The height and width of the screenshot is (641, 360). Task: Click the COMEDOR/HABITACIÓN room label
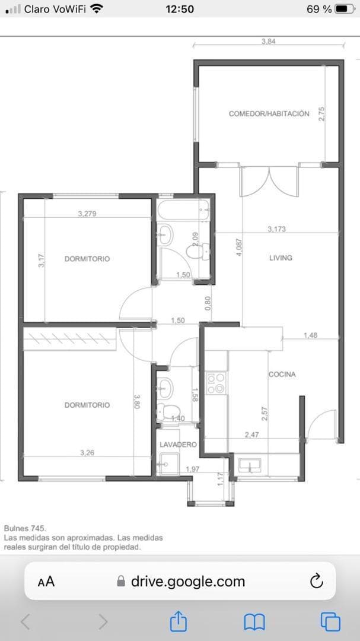click(269, 113)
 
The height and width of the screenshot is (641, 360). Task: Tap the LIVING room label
click(281, 258)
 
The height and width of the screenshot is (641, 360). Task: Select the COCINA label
click(282, 375)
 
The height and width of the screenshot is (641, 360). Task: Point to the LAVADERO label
click(177, 444)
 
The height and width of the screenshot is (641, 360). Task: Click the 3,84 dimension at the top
click(269, 42)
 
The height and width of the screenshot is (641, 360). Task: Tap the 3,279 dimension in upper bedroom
click(87, 214)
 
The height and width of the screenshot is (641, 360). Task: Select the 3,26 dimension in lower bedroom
click(87, 453)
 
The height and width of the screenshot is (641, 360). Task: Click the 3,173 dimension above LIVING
click(276, 229)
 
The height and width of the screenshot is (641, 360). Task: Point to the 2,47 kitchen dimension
click(251, 435)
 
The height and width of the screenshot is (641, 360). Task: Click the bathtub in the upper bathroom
click(183, 210)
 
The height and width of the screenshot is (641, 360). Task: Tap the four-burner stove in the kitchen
click(215, 383)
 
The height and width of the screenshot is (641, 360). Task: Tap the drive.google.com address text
click(187, 581)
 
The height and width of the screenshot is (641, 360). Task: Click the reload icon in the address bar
click(317, 580)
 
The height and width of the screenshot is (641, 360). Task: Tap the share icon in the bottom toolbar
click(179, 621)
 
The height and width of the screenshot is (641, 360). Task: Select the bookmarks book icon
click(254, 621)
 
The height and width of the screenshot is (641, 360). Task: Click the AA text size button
click(46, 582)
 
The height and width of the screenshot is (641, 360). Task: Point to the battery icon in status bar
click(345, 9)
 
